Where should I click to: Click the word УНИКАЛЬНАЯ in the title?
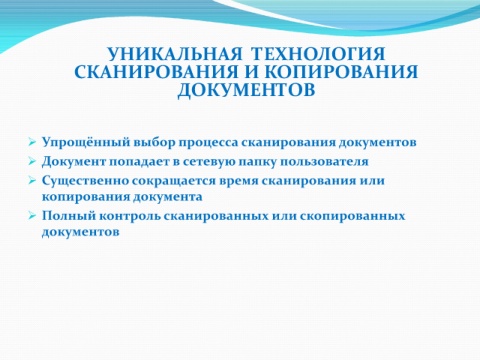[174, 54]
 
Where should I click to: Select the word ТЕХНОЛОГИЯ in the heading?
[318, 54]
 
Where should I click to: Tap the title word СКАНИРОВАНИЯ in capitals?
[157, 72]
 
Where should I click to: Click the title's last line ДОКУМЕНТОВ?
[246, 90]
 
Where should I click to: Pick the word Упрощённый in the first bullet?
[86, 143]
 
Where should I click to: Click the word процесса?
[208, 143]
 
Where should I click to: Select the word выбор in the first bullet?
[154, 143]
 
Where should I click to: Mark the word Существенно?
[85, 181]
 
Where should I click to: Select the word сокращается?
[174, 182]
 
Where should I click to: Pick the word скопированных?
[352, 216]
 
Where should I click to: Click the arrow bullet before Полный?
[32, 216]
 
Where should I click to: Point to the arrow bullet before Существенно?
[32, 180]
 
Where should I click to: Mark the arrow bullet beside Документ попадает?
[32, 161]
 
